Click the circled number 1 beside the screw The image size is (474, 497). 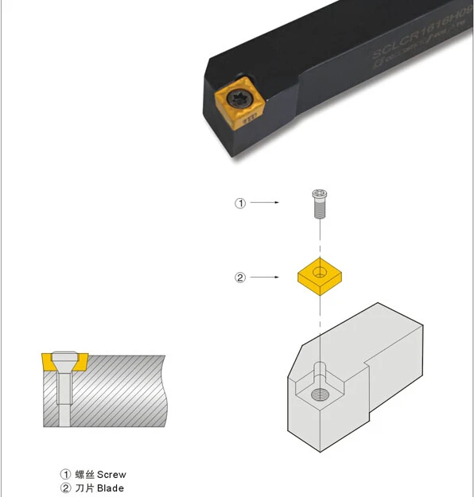coord(240,203)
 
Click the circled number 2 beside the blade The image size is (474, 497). coord(240,278)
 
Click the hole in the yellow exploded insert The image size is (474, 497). coord(319,273)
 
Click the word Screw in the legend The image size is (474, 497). coord(111,474)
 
